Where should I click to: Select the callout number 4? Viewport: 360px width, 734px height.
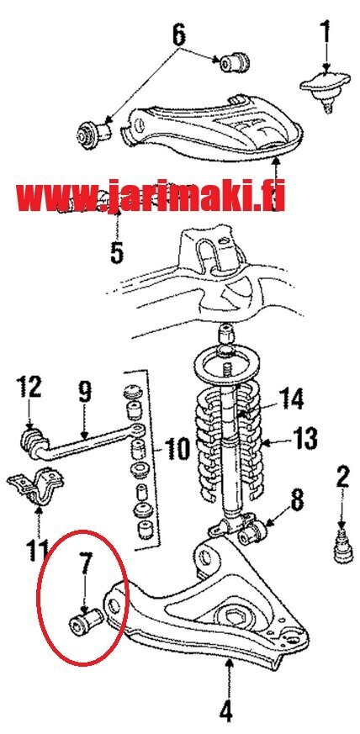[x=226, y=713]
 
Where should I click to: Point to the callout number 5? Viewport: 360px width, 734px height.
[x=117, y=252]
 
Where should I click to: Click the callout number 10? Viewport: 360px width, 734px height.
[x=177, y=448]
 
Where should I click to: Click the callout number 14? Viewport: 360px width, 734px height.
[x=291, y=399]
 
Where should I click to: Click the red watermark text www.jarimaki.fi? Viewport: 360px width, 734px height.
[x=151, y=196]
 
